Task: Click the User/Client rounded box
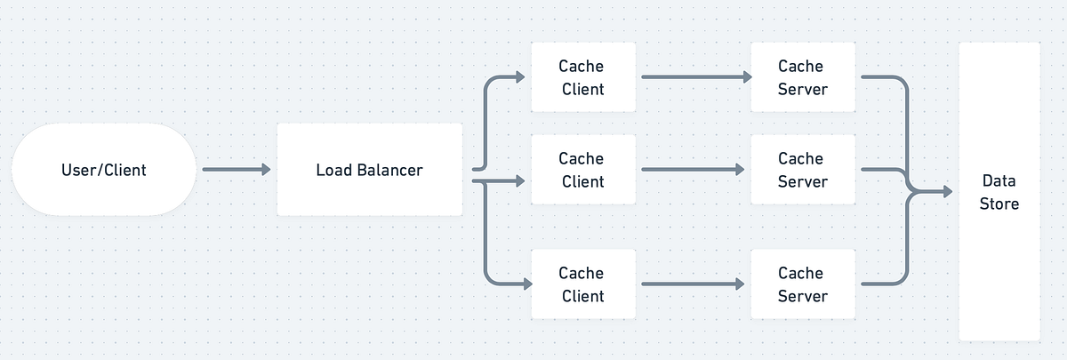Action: (104, 169)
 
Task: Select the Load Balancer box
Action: (369, 169)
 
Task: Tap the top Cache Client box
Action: (582, 77)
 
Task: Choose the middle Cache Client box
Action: (582, 170)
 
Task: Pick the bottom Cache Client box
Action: (582, 284)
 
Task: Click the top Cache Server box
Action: (802, 77)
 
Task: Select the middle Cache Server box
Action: (802, 170)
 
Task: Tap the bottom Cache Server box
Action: (802, 284)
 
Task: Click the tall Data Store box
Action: (999, 191)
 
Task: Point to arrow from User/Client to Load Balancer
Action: (236, 169)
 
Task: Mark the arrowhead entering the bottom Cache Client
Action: (525, 284)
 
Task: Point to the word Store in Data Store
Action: (999, 204)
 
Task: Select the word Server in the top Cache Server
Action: (802, 89)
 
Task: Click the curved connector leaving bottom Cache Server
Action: (900, 278)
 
